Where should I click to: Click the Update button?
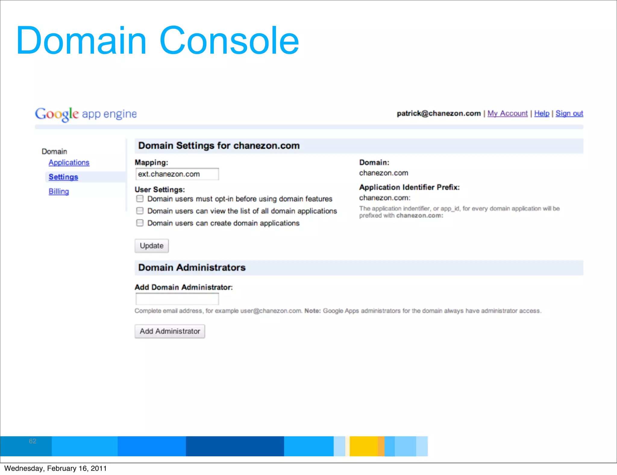[152, 246]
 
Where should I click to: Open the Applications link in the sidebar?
[69, 162]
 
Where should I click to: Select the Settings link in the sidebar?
[63, 177]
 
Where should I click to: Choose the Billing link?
[59, 191]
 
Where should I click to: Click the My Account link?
[507, 113]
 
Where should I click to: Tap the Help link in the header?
[542, 113]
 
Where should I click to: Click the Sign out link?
[569, 113]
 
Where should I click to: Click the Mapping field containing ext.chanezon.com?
[177, 174]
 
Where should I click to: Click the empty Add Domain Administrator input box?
[177, 299]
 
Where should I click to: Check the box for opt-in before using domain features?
[140, 199]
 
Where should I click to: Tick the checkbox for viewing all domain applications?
[140, 211]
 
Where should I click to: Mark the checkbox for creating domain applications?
[140, 223]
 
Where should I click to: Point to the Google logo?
[57, 114]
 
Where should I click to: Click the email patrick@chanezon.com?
[439, 113]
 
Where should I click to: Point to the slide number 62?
[33, 441]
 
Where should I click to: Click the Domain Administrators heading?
[192, 268]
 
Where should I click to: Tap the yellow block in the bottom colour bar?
[363, 446]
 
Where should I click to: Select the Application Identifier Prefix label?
[409, 187]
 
